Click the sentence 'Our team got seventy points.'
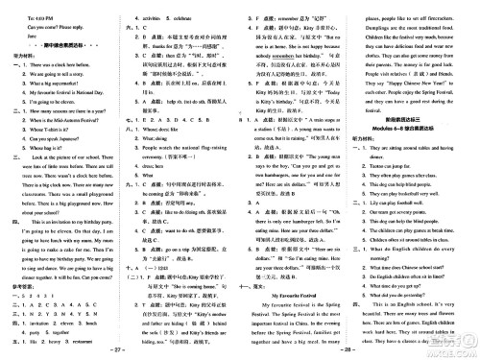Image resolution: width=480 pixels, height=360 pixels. point(400,239)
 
